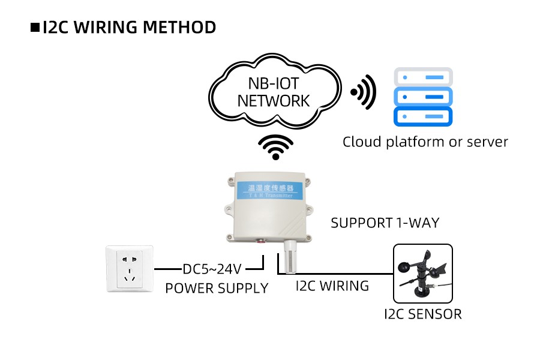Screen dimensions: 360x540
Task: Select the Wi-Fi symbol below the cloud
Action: [275, 147]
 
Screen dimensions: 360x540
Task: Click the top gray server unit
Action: [422, 77]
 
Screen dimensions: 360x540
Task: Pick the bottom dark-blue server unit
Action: [422, 116]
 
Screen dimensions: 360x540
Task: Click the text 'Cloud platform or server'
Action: [425, 142]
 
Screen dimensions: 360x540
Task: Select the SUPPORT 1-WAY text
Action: [385, 223]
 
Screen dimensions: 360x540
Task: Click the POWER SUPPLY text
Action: [217, 289]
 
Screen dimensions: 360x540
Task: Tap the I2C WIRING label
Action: [332, 286]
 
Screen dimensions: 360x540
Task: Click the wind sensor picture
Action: [422, 274]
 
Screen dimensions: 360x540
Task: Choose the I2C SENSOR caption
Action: [422, 314]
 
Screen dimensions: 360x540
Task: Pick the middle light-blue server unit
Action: [422, 97]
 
